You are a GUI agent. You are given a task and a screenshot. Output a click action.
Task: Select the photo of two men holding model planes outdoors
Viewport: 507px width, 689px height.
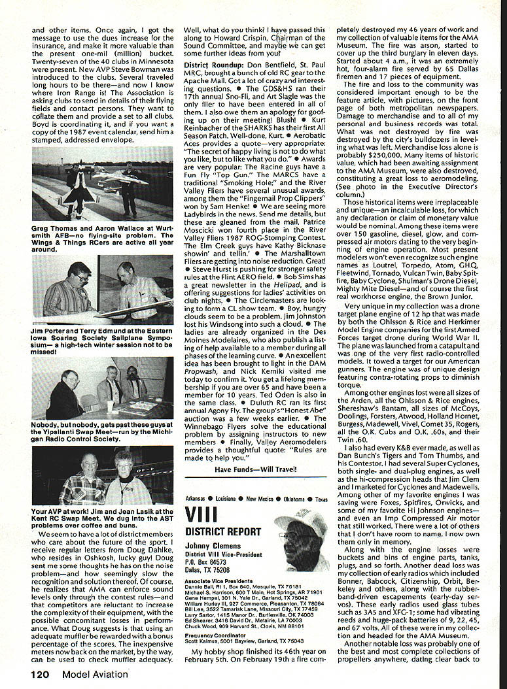tap(102, 182)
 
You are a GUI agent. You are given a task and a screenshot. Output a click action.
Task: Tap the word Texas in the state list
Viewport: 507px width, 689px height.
tap(321, 499)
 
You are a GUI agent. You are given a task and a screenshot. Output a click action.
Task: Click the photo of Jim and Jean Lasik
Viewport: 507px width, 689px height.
tap(102, 484)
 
